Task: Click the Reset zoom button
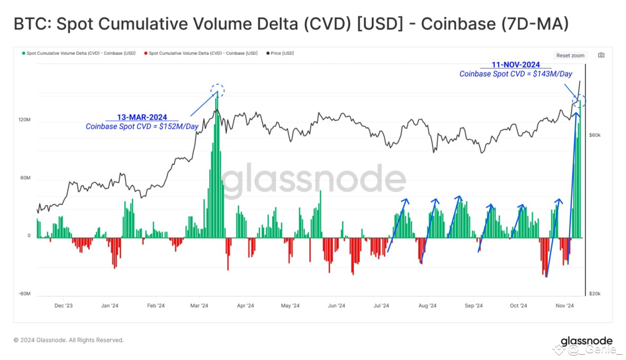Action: coord(570,55)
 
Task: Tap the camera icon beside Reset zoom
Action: coord(601,55)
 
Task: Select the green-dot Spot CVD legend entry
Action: coord(79,53)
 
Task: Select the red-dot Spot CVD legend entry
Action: coord(201,53)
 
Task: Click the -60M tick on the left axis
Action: coord(24,293)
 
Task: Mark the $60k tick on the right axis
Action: coord(595,135)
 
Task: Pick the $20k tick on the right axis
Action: coord(595,293)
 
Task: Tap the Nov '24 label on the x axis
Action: coord(564,306)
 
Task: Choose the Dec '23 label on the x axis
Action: coord(64,306)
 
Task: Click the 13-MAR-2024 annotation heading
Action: coord(142,117)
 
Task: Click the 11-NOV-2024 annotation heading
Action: coord(515,65)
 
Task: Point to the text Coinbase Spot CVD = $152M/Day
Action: coord(142,127)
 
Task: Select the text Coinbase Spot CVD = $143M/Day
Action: coord(515,74)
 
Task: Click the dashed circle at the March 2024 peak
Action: coord(218,90)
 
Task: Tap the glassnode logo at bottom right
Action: coord(586,341)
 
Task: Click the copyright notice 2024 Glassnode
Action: coord(68,340)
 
